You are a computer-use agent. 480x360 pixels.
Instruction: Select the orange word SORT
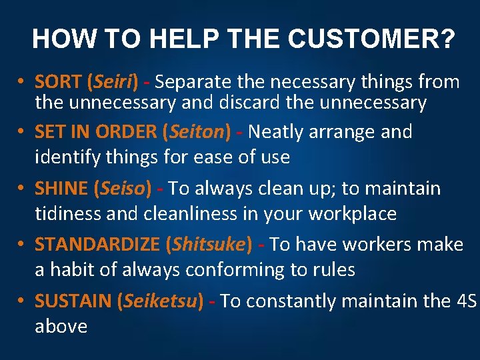click(58, 83)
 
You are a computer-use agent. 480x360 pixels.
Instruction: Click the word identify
click(65, 157)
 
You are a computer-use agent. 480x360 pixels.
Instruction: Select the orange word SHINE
click(61, 189)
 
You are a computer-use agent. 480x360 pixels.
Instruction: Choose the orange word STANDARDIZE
click(97, 245)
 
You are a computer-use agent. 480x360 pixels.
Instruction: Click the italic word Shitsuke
click(209, 245)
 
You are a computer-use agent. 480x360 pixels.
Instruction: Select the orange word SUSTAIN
click(73, 301)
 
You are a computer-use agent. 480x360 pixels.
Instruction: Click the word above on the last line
click(61, 327)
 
